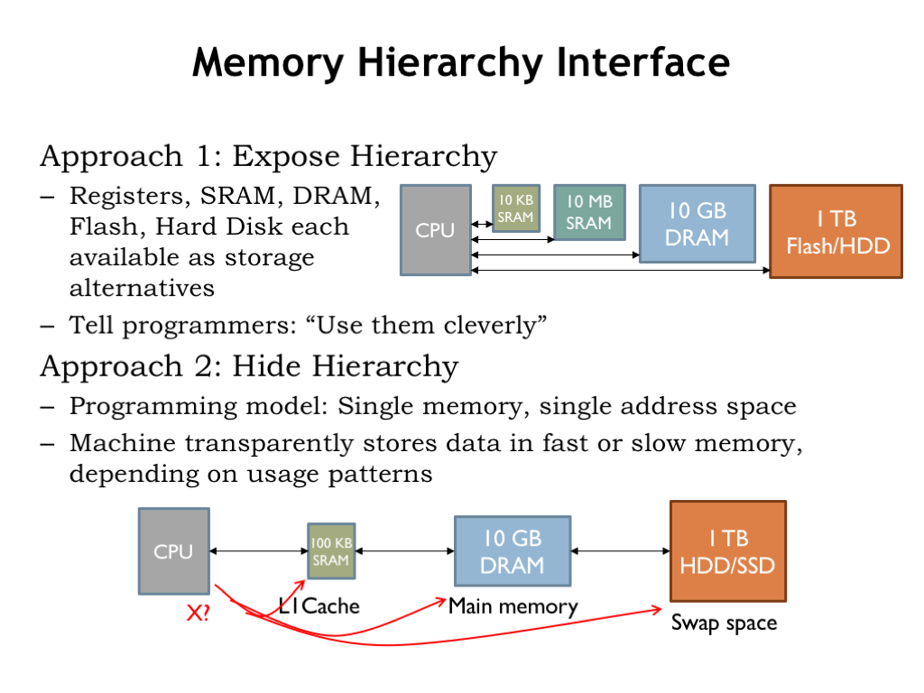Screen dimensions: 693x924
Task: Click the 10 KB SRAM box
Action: pyautogui.click(x=516, y=208)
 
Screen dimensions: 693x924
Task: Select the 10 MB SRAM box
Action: pyautogui.click(x=589, y=213)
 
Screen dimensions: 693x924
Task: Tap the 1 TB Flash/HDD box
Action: pyautogui.click(x=836, y=232)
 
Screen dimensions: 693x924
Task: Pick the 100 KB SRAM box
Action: pyautogui.click(x=330, y=551)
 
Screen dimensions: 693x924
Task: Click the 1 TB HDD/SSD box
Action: pyautogui.click(x=728, y=551)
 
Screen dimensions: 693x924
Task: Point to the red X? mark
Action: pyautogui.click(x=198, y=614)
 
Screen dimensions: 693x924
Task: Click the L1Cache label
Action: pyautogui.click(x=319, y=605)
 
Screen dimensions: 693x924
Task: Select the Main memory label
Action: pyautogui.click(x=513, y=605)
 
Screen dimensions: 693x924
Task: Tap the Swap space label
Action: pyautogui.click(x=724, y=623)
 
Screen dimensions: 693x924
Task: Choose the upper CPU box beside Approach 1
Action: pyautogui.click(x=435, y=230)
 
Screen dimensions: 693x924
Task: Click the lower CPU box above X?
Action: pyautogui.click(x=173, y=551)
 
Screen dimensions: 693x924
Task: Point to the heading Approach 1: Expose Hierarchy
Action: pyautogui.click(x=268, y=156)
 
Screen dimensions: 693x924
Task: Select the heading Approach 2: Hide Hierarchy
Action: pyautogui.click(x=249, y=366)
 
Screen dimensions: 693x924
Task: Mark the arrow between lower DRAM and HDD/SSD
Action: pyautogui.click(x=620, y=551)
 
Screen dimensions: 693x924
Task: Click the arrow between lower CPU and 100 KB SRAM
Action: pyautogui.click(x=258, y=551)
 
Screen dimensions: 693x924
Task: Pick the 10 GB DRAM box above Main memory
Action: pyautogui.click(x=512, y=551)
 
